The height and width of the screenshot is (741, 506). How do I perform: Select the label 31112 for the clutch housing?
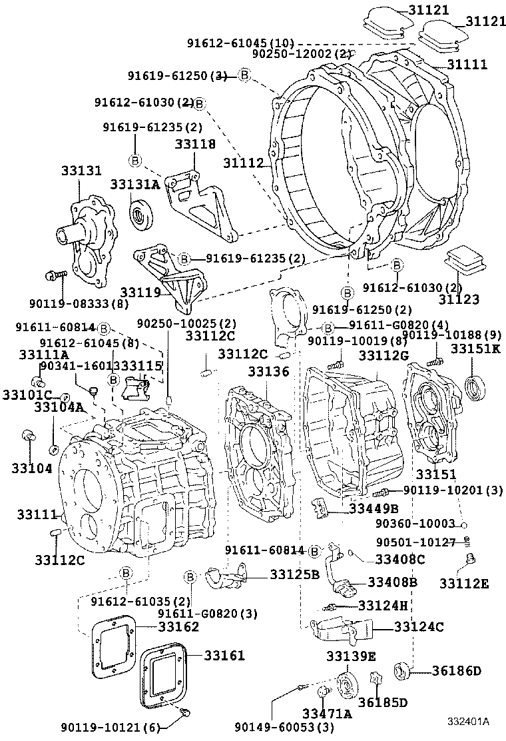click(x=243, y=163)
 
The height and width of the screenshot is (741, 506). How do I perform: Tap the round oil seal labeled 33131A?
click(x=141, y=213)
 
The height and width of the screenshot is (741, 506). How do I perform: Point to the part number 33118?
click(x=195, y=143)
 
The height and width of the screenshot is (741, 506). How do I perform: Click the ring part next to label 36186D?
click(x=403, y=671)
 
